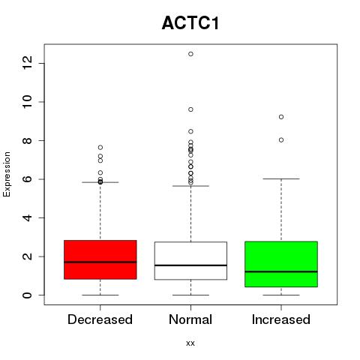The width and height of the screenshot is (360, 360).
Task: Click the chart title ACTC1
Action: tap(190, 23)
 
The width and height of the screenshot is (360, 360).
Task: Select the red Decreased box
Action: tap(100, 259)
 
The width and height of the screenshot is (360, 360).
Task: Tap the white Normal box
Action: tap(190, 261)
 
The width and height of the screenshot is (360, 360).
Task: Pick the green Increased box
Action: tap(281, 264)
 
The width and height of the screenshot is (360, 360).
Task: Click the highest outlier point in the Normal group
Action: tap(190, 54)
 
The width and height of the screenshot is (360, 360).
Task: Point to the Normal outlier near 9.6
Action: tap(190, 109)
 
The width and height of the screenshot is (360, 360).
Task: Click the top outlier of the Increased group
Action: tap(281, 117)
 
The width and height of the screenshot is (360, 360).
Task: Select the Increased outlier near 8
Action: tap(281, 140)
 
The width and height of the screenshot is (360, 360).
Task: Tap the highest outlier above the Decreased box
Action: tap(100, 147)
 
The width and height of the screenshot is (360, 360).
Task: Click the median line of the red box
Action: tap(100, 262)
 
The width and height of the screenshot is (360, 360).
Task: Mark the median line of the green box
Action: tap(281, 271)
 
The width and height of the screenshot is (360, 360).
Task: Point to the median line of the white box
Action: tap(190, 265)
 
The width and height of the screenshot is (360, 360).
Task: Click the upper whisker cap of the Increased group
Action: tap(281, 179)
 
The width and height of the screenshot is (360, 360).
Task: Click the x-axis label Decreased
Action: tap(100, 319)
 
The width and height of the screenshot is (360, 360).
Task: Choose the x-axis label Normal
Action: tap(190, 319)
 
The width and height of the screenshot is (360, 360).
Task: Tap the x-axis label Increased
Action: tap(281, 319)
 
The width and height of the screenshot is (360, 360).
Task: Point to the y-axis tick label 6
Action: tap(28, 179)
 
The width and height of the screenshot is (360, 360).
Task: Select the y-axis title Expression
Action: tap(7, 174)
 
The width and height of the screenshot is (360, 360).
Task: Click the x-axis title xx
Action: tap(190, 343)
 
